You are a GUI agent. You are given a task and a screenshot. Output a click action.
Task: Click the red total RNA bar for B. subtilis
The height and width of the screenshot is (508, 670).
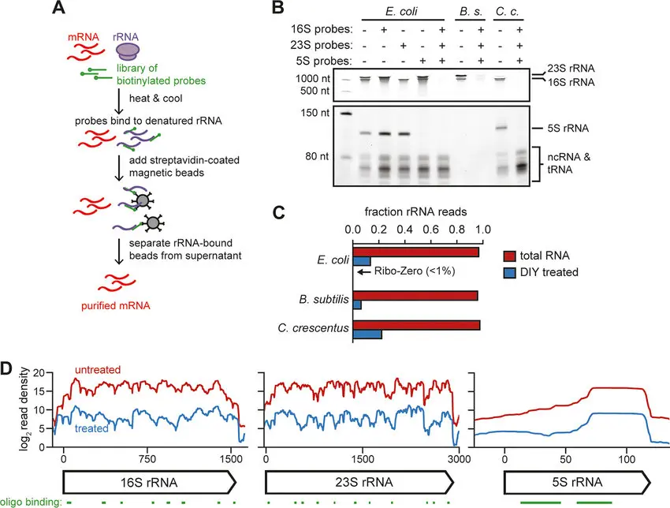415,296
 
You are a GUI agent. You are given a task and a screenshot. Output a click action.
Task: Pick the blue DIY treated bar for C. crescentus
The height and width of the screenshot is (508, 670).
367,334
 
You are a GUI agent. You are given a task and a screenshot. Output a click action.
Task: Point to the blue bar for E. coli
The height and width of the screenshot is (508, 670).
362,261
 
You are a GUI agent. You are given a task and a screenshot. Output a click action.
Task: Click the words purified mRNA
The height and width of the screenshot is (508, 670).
117,304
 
